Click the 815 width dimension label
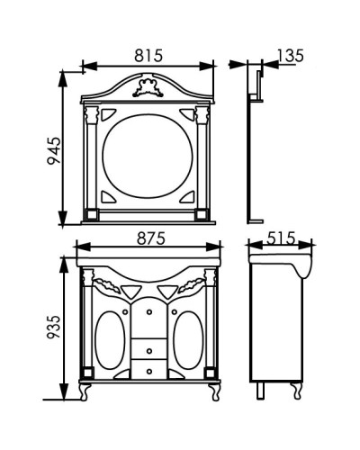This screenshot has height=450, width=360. coord(148,56)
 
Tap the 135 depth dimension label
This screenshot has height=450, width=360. coord(290,56)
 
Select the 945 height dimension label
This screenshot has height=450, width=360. coord(54,150)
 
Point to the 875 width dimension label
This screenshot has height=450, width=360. coord(151,238)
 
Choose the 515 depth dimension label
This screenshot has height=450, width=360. coord(281,238)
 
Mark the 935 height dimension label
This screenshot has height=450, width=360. coord(54,327)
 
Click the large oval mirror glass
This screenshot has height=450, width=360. coord(148,156)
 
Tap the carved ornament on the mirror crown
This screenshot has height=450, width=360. coord(148,87)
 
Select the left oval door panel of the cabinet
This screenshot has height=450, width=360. coord(110,340)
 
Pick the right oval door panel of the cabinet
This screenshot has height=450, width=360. coord(188,340)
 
